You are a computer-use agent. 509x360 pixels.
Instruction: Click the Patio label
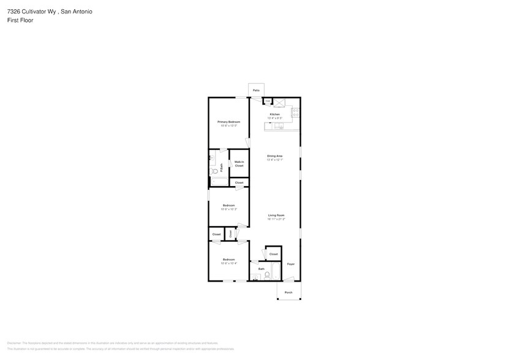click(x=256, y=90)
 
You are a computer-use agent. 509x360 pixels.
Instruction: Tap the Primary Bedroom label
click(x=229, y=122)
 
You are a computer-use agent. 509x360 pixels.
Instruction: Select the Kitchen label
click(x=275, y=114)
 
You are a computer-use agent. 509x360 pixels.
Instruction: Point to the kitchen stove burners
click(x=295, y=112)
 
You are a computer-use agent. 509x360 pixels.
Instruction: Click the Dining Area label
click(x=274, y=156)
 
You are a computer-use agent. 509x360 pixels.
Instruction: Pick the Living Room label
click(x=276, y=215)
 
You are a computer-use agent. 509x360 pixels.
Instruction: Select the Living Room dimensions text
click(x=276, y=219)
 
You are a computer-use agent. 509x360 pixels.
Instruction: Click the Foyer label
click(x=291, y=264)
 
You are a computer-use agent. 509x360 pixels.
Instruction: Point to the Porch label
click(x=288, y=292)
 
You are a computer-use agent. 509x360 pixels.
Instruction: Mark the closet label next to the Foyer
click(x=273, y=254)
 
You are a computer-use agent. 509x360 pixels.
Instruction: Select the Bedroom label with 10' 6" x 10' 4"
click(x=228, y=260)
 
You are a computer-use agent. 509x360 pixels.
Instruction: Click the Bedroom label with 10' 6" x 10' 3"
click(x=228, y=205)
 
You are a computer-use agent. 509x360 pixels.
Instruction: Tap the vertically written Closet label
click(x=230, y=234)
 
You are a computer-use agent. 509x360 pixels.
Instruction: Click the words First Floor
click(x=20, y=20)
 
